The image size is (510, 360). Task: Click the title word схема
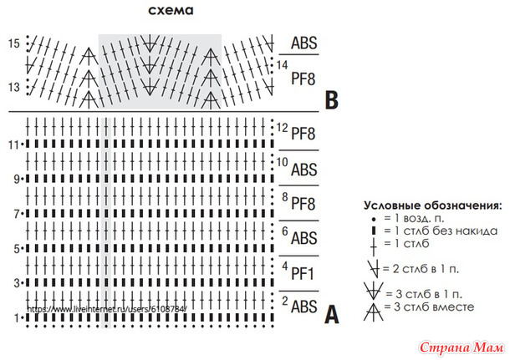[x=171, y=10]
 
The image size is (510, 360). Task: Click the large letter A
[x=332, y=314]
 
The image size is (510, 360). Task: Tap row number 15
[x=14, y=43]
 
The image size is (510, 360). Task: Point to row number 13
[x=14, y=87]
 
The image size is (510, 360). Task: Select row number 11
[x=13, y=145]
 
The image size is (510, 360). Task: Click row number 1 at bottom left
[x=16, y=318]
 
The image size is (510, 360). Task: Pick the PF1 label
[x=303, y=273]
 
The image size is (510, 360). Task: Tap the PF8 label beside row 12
[x=303, y=134]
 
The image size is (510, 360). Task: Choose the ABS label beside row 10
[x=303, y=170]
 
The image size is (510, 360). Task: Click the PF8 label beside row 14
[x=303, y=79]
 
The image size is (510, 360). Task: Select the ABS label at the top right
[x=303, y=43]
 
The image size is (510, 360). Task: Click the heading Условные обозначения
[x=432, y=205]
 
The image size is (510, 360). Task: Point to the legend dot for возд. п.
[x=374, y=220]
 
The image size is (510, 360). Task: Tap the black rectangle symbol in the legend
[x=374, y=231]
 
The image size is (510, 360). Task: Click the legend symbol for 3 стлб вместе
[x=374, y=312]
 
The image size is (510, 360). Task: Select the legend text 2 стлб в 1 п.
[x=421, y=269]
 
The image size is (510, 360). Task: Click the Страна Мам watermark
[x=462, y=348]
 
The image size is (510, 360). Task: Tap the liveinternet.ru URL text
[x=107, y=309]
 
